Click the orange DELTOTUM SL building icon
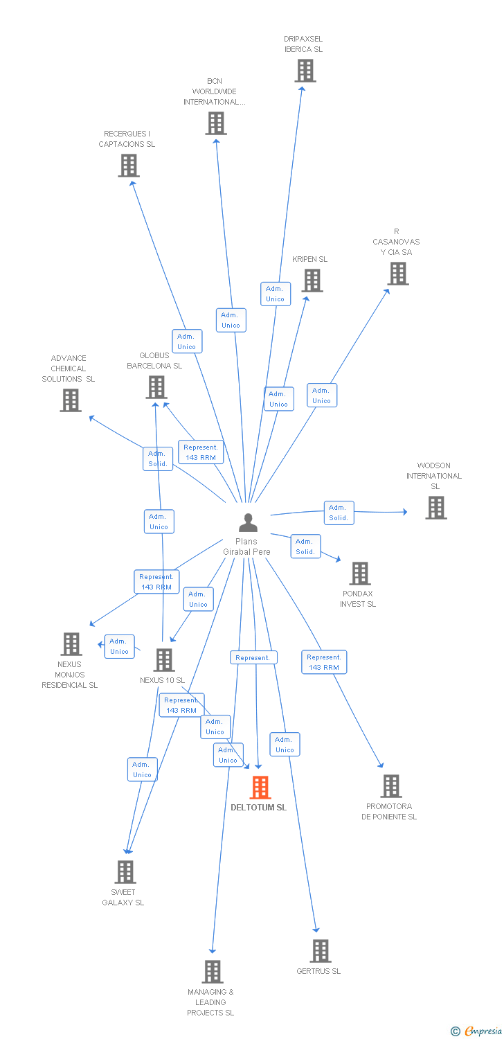(x=260, y=788)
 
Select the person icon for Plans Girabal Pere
(x=247, y=523)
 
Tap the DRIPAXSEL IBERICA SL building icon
(x=305, y=71)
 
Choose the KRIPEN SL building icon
(x=312, y=281)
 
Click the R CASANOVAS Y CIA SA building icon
(x=397, y=274)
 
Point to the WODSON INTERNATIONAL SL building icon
(x=435, y=508)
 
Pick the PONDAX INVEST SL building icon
(x=359, y=574)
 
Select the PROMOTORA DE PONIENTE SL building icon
(x=391, y=786)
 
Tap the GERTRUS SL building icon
(x=320, y=951)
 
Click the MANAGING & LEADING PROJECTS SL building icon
(x=212, y=972)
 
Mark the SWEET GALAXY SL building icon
(x=125, y=872)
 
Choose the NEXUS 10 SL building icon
(x=164, y=660)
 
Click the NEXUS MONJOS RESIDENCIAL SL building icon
(x=71, y=644)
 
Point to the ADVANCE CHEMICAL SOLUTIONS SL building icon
(x=70, y=400)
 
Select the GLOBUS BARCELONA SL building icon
(x=156, y=387)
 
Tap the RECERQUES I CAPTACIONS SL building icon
(x=128, y=166)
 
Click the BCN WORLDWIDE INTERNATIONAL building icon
(x=216, y=123)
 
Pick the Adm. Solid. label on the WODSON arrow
(x=339, y=513)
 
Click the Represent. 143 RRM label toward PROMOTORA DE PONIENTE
(x=324, y=662)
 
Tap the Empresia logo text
(x=483, y=1031)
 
